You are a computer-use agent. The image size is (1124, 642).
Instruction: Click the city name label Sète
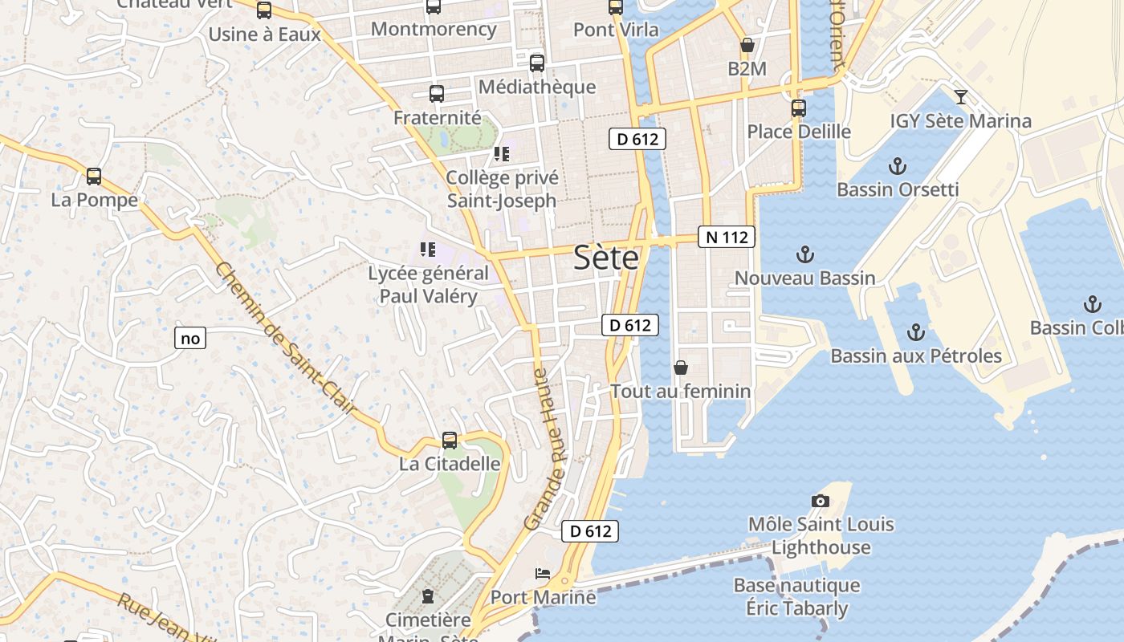click(606, 258)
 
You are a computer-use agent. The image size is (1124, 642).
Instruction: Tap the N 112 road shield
click(727, 237)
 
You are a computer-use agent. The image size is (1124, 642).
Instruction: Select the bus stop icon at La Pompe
click(94, 177)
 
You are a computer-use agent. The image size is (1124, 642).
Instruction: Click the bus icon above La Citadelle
click(450, 441)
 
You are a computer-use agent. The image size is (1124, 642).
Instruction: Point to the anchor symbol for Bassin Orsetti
click(898, 167)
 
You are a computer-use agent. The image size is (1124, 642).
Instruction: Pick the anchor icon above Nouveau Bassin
click(804, 255)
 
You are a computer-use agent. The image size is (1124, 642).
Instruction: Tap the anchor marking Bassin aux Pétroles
click(916, 332)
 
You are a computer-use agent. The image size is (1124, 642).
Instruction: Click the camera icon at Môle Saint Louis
click(820, 501)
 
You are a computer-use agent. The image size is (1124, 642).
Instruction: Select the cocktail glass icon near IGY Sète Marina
click(960, 98)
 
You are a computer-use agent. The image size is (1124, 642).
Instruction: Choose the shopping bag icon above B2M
click(747, 46)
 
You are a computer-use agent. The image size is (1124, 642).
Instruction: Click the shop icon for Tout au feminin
click(681, 368)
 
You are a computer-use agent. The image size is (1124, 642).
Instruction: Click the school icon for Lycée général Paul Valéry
click(428, 250)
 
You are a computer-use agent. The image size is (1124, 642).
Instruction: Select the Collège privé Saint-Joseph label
click(502, 189)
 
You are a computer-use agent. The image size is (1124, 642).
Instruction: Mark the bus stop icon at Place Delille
click(798, 108)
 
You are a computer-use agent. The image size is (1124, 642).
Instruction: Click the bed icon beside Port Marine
click(544, 574)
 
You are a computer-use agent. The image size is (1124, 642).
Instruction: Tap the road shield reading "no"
click(190, 339)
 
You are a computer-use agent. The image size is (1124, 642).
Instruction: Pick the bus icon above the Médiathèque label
click(536, 63)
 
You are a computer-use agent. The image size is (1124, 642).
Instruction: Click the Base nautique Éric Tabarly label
click(796, 597)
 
